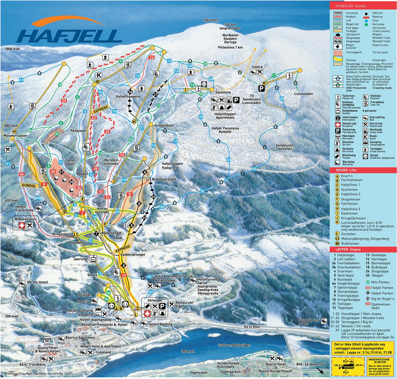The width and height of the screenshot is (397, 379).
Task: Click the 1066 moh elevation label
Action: pos(211,20)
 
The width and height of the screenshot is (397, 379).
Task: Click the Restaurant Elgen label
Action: pos(184,304)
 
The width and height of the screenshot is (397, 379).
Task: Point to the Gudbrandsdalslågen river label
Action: pos(234,345)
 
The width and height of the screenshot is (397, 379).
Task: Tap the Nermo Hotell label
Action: pos(37,282)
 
